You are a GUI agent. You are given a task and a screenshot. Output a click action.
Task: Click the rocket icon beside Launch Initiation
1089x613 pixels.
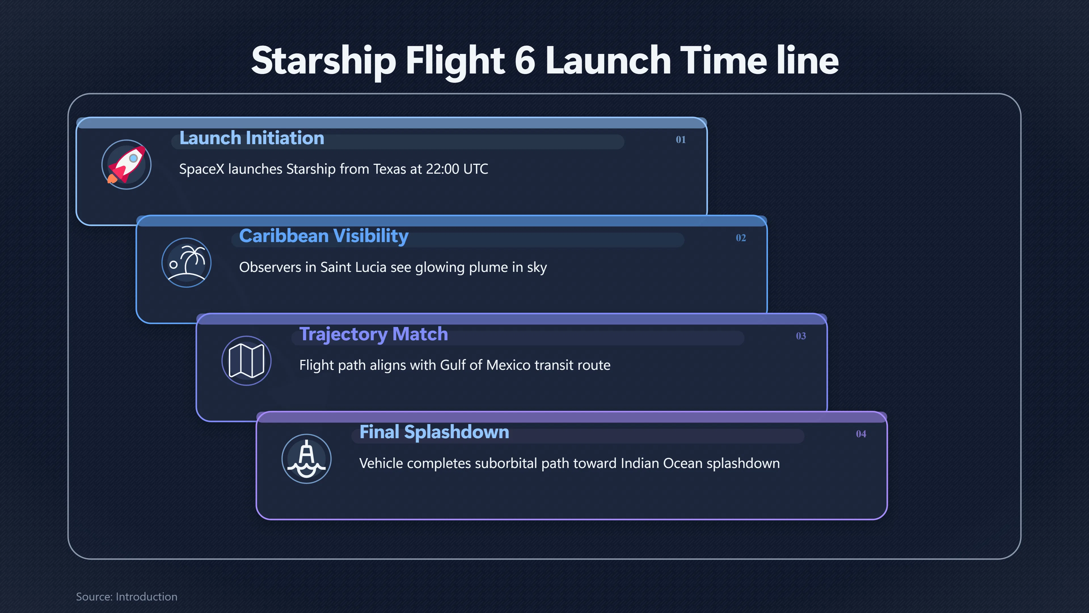(126, 165)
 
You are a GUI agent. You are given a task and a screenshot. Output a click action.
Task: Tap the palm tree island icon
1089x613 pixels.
(186, 263)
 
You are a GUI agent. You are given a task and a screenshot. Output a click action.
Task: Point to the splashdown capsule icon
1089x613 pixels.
(307, 459)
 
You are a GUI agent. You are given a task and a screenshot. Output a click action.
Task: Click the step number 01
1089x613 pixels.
(681, 140)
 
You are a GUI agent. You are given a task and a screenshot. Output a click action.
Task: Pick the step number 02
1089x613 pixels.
(741, 238)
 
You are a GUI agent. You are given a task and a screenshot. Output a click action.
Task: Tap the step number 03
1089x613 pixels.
(801, 336)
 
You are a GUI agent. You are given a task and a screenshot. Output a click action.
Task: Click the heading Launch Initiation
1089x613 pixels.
(252, 138)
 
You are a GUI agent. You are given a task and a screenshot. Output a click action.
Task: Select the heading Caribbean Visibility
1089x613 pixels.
(324, 236)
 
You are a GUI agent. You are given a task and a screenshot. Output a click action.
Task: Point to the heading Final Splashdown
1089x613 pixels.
(434, 432)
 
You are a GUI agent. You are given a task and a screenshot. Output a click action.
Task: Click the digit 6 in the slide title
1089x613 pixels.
(525, 60)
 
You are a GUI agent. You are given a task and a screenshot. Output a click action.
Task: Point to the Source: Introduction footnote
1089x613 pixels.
(127, 597)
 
